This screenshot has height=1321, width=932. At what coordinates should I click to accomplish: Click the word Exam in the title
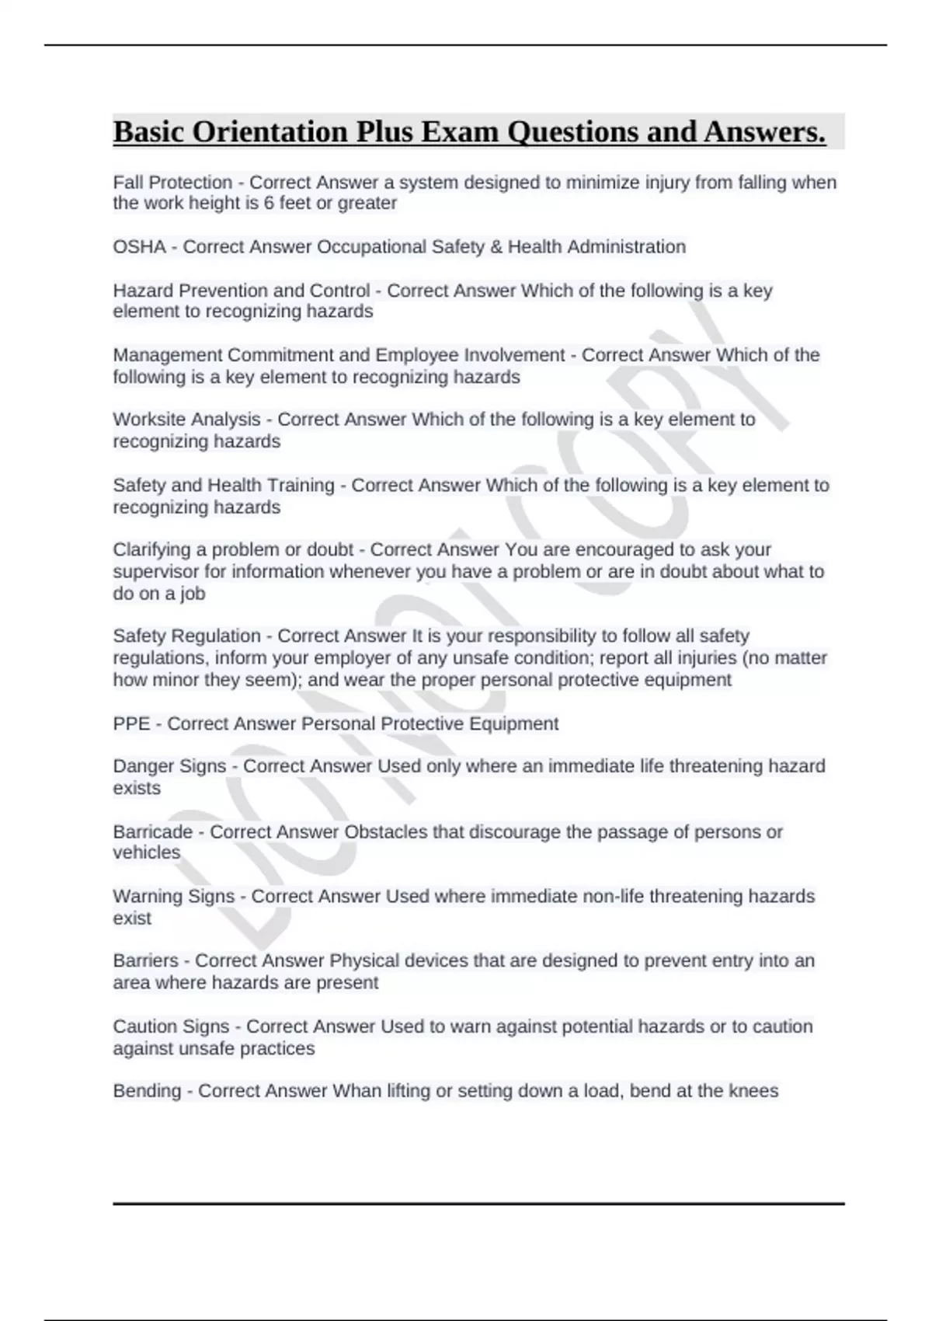pos(460,132)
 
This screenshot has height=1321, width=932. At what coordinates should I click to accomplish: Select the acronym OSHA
pos(140,247)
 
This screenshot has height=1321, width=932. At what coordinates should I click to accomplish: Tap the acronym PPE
pos(131,724)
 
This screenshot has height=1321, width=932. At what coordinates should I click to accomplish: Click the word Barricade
pos(152,832)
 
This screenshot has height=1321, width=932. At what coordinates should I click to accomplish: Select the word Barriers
pos(145,961)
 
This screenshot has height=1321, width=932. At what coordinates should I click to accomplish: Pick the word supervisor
pos(151,572)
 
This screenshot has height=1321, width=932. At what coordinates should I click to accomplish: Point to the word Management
pos(167,355)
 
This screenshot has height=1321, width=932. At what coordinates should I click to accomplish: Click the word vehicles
pos(146,853)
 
